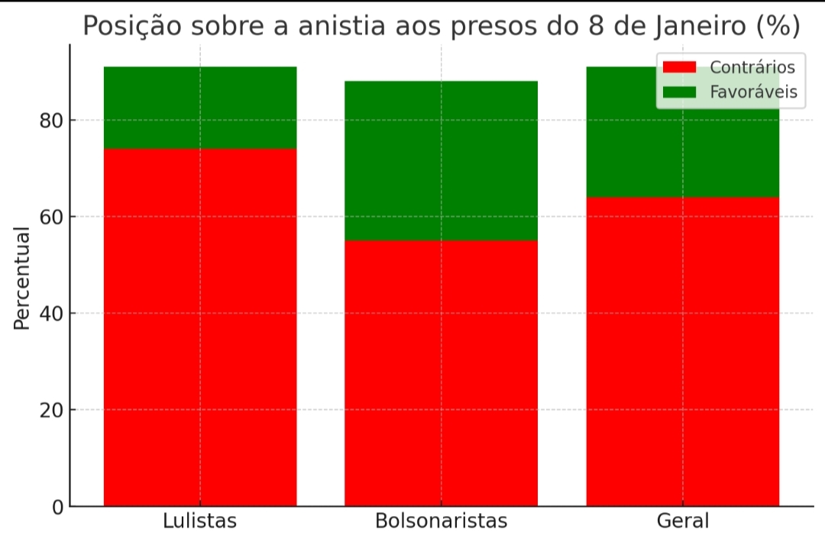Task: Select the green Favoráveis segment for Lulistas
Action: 200,108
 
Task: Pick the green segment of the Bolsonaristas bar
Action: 441,160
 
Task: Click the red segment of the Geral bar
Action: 682,351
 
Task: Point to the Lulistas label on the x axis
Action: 200,521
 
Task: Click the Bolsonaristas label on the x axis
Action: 441,521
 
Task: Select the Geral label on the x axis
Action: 682,521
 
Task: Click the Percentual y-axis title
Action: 22,278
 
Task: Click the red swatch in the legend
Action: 679,67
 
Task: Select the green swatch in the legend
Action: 679,92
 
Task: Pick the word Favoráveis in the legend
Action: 753,92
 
